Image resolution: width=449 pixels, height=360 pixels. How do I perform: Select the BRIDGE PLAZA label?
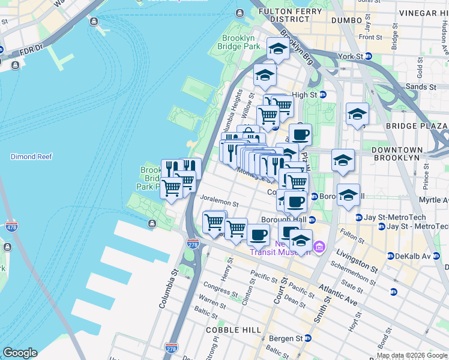coord(416,126)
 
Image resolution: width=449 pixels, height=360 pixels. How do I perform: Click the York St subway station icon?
coord(369,56)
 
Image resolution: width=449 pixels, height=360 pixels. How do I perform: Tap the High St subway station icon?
coord(322,95)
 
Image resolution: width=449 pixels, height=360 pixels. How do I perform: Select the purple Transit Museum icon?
coord(319,247)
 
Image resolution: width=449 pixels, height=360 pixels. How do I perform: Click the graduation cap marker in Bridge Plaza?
coord(357,114)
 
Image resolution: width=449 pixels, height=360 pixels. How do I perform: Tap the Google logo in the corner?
coord(20,353)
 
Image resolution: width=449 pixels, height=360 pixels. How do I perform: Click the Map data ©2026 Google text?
coord(412,355)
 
